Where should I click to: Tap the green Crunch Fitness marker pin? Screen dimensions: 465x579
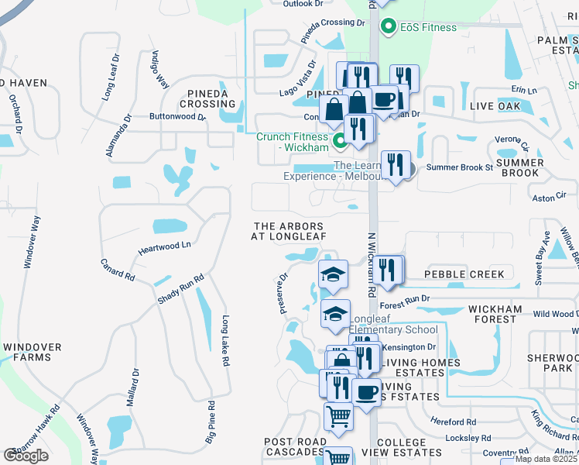(x=339, y=141)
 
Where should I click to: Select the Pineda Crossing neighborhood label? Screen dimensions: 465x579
(x=207, y=98)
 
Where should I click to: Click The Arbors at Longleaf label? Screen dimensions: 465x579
(x=289, y=231)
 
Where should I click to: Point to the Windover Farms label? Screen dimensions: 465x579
(x=36, y=352)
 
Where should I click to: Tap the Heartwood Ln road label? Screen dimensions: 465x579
(x=164, y=247)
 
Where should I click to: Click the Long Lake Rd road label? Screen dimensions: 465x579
(x=225, y=340)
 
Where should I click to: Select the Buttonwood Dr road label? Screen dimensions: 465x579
(x=177, y=117)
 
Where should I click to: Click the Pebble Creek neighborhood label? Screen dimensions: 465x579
(x=464, y=274)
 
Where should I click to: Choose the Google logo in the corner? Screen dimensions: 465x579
(x=26, y=455)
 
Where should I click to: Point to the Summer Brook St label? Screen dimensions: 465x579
(x=459, y=167)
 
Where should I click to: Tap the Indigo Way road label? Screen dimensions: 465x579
(x=160, y=71)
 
